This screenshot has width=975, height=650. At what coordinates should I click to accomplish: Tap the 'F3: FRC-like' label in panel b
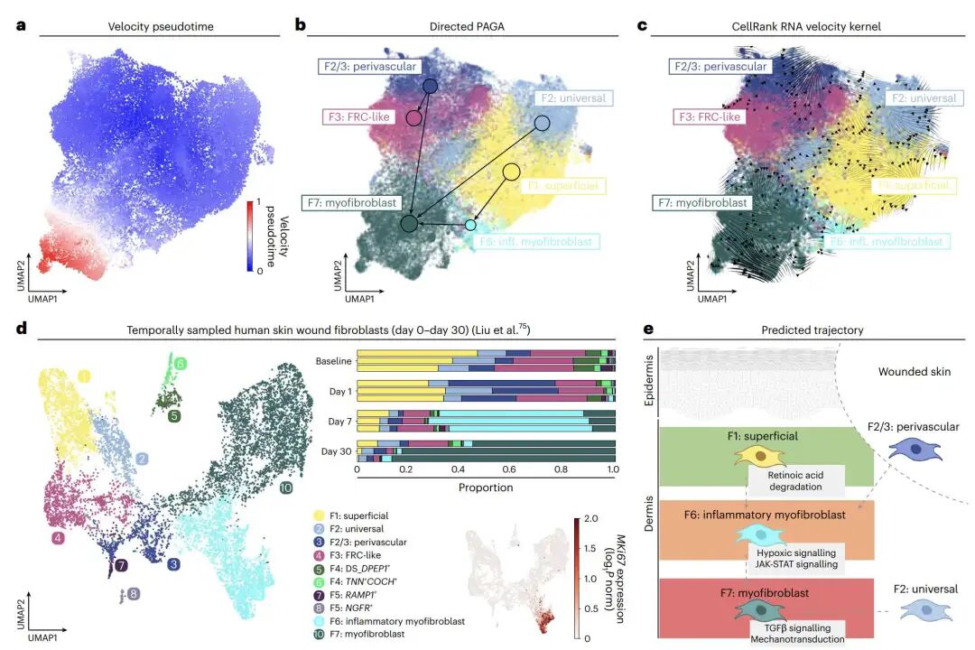(362, 117)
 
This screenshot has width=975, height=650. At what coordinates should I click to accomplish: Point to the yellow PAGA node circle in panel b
(511, 172)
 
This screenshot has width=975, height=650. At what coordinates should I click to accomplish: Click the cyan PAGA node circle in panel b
(469, 225)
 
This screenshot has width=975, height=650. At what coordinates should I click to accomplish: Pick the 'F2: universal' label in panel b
(571, 98)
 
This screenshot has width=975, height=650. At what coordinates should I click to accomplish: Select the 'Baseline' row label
(333, 362)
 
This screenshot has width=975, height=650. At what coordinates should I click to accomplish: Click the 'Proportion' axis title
(485, 487)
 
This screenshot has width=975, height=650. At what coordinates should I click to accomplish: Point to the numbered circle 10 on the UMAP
(285, 488)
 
